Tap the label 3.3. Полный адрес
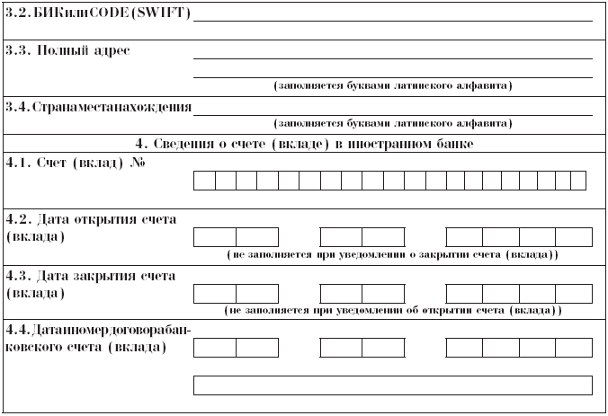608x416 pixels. [x=68, y=50]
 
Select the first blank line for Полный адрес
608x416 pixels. [x=393, y=57]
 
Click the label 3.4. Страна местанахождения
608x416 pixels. [x=98, y=107]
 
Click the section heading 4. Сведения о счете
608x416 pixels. [x=304, y=143]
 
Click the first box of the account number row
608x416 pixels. [x=204, y=181]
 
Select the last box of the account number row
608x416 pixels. [x=578, y=181]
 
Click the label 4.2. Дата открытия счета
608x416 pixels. [x=91, y=218]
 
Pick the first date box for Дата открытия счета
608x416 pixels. [x=215, y=237]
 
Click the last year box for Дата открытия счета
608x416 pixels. [x=574, y=237]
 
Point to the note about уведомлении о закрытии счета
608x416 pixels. [x=393, y=255]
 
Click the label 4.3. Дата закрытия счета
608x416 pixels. [x=91, y=275]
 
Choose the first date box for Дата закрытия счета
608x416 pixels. [x=215, y=294]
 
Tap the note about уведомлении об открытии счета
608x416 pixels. [x=393, y=311]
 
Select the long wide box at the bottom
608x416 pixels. [x=393, y=385]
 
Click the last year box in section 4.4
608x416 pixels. [x=574, y=348]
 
